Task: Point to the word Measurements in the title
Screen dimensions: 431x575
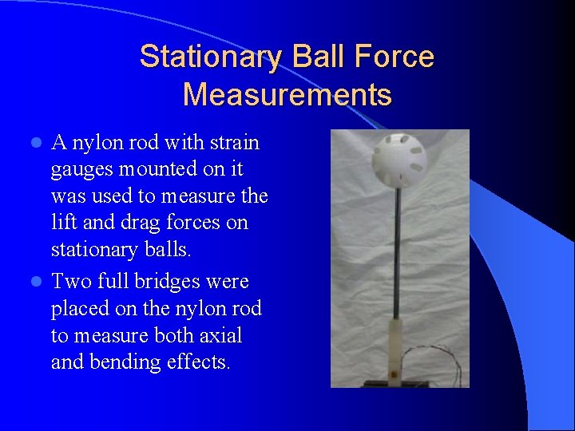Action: pos(287,94)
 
